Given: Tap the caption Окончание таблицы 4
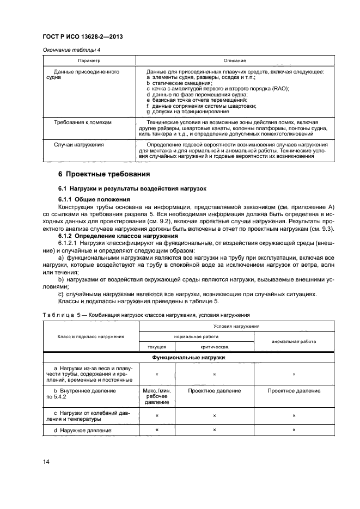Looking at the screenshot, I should pyautogui.click(x=68, y=51).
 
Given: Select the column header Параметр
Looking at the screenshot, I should pyautogui.click(x=88, y=60).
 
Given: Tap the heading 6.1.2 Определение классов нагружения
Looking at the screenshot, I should pyautogui.click(x=115, y=236).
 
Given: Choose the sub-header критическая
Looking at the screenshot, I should pyautogui.click(x=214, y=347).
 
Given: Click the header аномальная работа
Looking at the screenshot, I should pyautogui.click(x=294, y=341).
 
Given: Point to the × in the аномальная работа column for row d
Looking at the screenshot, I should pyautogui.click(x=294, y=431).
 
